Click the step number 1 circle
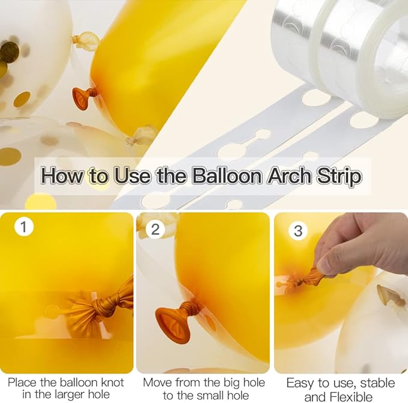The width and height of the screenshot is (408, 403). point(24,226)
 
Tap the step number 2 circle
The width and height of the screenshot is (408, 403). point(156,229)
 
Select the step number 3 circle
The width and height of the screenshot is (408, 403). point(298,231)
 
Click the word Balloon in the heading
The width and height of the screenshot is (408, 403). point(227,176)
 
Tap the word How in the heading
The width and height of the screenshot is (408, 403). point(62,176)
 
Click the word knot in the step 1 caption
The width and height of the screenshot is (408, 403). point(112,383)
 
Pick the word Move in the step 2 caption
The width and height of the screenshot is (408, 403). point(157,383)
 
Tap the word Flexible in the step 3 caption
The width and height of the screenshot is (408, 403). point(338,397)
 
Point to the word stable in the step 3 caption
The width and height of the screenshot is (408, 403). point(377,383)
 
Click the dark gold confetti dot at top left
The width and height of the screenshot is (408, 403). point(10,52)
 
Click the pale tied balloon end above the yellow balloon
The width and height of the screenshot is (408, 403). point(85,39)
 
